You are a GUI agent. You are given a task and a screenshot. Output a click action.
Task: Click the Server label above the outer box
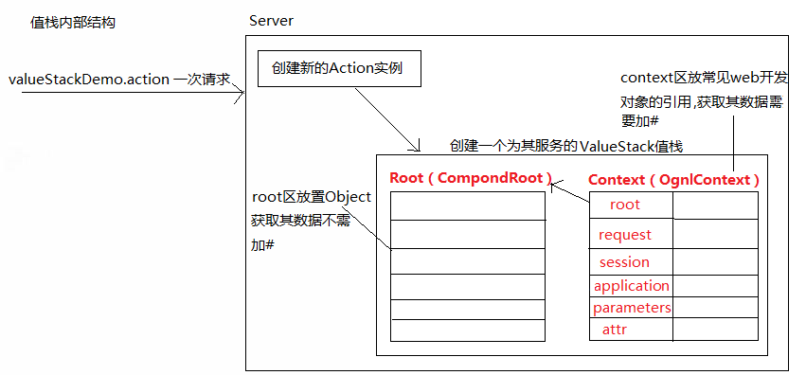273,21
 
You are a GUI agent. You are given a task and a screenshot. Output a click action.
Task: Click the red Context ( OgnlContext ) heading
673,179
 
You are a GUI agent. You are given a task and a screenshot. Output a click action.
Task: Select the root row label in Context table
625,205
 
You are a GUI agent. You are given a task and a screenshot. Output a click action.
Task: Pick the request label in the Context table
625,234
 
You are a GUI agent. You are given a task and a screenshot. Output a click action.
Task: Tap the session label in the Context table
625,261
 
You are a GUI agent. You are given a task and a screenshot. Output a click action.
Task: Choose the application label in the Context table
632,286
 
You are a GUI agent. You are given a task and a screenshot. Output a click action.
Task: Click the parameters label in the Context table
632,308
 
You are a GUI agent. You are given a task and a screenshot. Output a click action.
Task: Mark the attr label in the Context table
615,330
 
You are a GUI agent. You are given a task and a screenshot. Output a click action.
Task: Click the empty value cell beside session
716,262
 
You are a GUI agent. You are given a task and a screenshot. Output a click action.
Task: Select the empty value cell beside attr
716,330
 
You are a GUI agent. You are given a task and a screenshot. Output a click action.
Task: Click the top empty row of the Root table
468,205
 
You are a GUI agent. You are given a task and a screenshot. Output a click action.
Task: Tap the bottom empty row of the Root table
468,330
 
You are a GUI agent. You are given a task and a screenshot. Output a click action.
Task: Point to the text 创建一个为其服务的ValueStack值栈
566,146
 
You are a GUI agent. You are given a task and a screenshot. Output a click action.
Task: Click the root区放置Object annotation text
311,197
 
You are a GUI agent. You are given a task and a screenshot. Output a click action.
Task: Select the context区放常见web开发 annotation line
703,77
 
